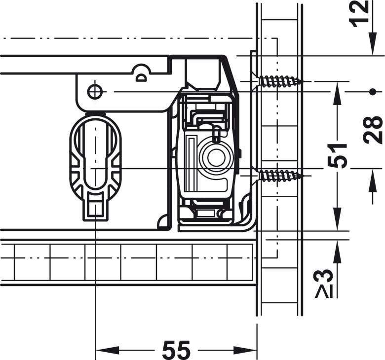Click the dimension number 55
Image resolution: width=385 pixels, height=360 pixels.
tap(176, 349)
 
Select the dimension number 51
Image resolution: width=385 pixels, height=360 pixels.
tap(338, 155)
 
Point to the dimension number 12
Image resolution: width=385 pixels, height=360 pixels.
tap(359, 14)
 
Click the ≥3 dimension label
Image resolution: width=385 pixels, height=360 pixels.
tap(325, 284)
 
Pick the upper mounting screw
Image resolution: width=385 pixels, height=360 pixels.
tap(279, 81)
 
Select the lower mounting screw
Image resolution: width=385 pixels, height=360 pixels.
tap(279, 176)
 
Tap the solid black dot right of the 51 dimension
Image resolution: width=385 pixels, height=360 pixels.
tap(373, 92)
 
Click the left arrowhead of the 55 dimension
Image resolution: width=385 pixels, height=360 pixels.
tap(107, 350)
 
